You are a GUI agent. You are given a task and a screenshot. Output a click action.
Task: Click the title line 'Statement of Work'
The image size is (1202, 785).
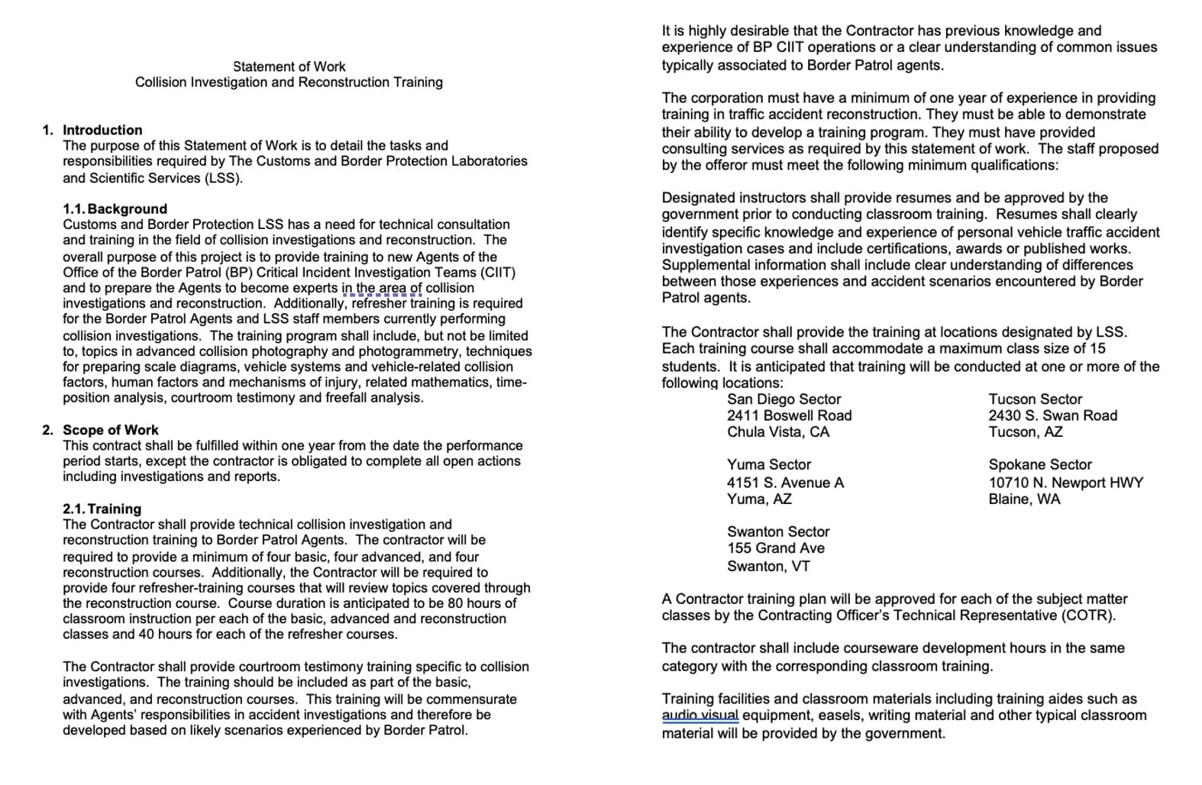pos(289,66)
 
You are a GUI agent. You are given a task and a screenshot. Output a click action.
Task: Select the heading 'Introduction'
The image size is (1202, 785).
pos(102,130)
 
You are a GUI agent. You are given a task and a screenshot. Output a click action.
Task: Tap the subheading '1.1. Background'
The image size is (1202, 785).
pos(115,208)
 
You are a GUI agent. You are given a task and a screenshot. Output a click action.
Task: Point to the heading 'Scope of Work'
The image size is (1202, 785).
pos(111,430)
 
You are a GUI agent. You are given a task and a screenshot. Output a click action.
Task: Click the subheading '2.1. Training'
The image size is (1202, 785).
pos(102,509)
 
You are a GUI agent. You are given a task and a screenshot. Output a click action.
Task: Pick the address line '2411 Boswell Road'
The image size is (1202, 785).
pos(789,415)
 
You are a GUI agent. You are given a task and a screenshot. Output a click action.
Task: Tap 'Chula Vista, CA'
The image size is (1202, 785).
pos(777,431)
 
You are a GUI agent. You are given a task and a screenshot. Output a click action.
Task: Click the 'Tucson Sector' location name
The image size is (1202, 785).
pos(1035,399)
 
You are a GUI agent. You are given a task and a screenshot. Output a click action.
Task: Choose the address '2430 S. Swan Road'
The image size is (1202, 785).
pos(1052,415)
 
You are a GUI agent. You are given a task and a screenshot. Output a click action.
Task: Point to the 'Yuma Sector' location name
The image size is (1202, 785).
pos(768,464)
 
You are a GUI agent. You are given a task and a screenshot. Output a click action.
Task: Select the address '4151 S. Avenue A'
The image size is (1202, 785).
pos(785,483)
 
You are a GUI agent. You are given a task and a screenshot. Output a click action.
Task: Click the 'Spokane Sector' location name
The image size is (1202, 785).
pos(1039,464)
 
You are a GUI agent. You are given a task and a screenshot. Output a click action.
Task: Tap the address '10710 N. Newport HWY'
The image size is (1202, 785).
pos(1065,483)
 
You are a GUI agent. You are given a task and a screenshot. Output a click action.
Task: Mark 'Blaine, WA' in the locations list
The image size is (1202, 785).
pos(1024,499)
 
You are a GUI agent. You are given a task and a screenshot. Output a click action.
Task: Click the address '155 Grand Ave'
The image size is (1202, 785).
pos(775,548)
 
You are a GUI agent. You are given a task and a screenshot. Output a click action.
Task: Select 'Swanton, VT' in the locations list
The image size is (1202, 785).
pos(768,566)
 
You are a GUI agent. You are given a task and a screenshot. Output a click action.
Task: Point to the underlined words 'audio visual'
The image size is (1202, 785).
pos(700,716)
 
